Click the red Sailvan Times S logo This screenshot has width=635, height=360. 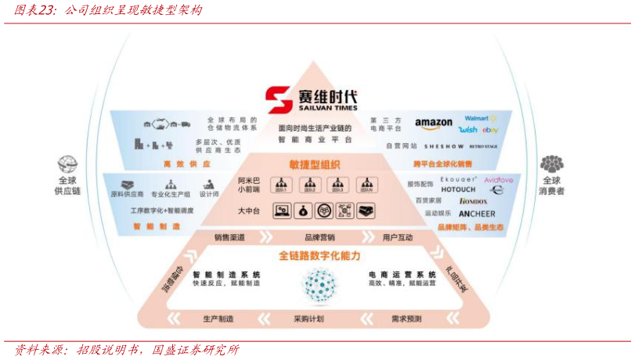[278, 100]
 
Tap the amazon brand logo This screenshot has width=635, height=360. [433, 124]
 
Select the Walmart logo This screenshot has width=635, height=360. [478, 118]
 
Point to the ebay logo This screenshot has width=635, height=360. [490, 130]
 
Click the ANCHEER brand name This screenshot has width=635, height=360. [477, 214]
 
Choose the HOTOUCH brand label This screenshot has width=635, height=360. [458, 189]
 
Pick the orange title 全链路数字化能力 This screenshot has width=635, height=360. [319, 256]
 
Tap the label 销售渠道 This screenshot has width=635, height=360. [229, 237]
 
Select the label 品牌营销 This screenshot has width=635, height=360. [319, 237]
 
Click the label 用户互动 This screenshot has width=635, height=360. [398, 237]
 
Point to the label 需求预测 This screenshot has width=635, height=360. [406, 319]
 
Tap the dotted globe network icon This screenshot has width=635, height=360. [319, 285]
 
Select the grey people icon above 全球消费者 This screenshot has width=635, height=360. [551, 164]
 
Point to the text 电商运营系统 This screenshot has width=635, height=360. [402, 275]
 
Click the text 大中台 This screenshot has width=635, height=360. [248, 211]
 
